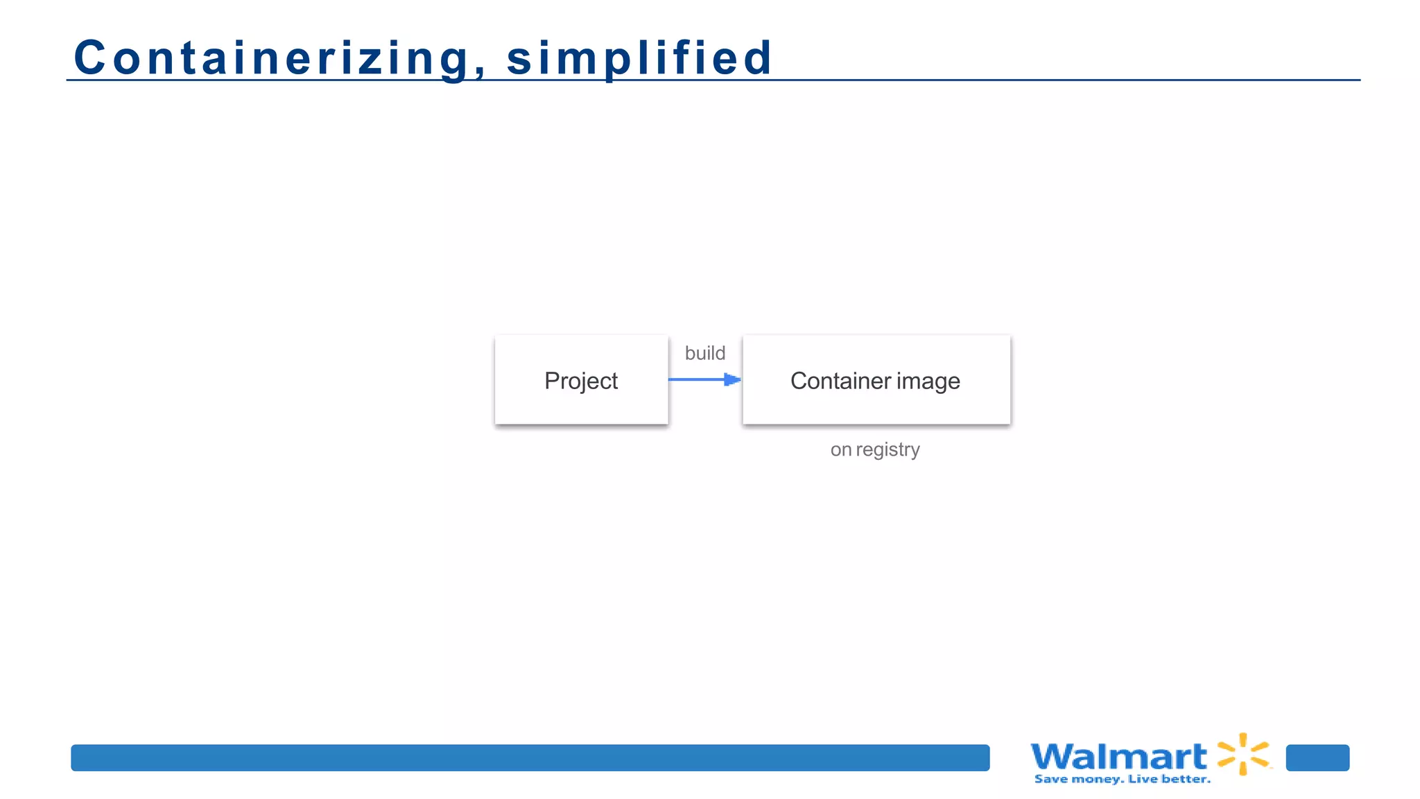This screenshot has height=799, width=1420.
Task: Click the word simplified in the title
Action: tap(639, 58)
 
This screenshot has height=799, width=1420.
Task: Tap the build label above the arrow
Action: tap(704, 353)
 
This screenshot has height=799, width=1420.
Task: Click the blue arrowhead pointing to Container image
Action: tap(732, 379)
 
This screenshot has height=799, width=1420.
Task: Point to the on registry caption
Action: tap(875, 449)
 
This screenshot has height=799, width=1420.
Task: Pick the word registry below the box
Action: tap(887, 450)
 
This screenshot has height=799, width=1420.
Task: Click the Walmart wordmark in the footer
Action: tap(1118, 756)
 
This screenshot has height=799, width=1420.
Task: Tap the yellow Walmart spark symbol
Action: tap(1244, 754)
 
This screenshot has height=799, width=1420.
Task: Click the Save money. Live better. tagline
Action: tap(1122, 780)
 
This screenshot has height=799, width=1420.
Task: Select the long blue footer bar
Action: tap(530, 757)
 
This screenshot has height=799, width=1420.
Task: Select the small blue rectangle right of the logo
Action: tap(1317, 757)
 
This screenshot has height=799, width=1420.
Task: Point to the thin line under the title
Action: tap(1040, 80)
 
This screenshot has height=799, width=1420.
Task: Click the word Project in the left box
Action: tap(581, 381)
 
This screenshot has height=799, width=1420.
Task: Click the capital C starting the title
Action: tap(89, 58)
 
